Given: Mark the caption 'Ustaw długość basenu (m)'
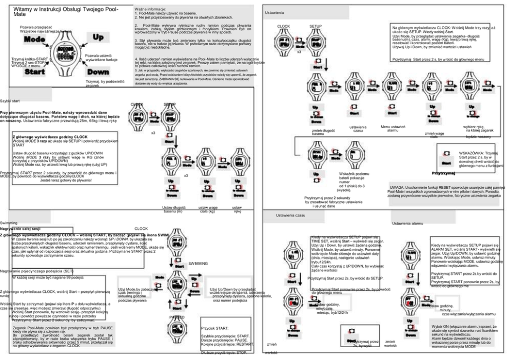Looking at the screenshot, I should coord(163,208).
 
